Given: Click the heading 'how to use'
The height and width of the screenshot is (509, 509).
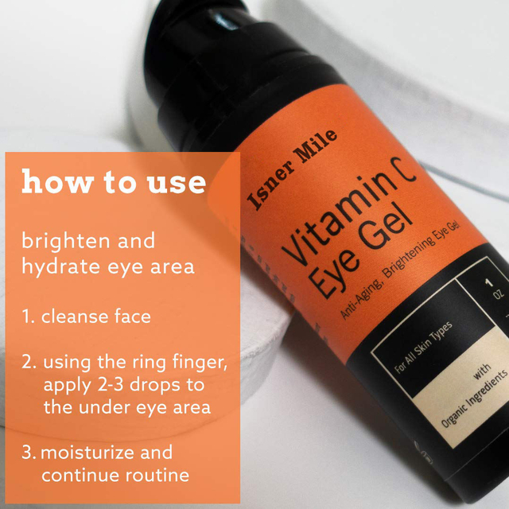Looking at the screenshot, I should pyautogui.click(x=114, y=182).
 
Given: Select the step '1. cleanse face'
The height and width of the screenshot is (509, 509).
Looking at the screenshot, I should pyautogui.click(x=86, y=317).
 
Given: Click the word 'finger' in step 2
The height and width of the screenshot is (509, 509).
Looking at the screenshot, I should pyautogui.click(x=200, y=363).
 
